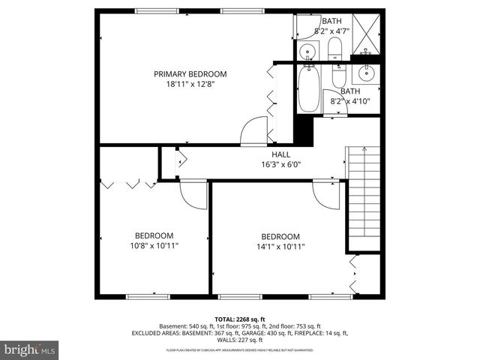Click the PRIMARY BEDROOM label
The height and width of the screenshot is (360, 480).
click(x=190, y=73)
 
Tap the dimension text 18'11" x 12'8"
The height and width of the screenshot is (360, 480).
click(x=190, y=85)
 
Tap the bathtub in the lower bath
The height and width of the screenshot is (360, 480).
click(x=308, y=89)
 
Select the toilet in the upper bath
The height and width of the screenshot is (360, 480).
click(x=335, y=51)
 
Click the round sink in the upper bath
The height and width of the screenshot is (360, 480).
click(x=307, y=52)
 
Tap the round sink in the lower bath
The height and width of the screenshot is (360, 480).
click(x=367, y=73)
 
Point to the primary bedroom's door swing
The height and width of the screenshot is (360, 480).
click(x=253, y=130)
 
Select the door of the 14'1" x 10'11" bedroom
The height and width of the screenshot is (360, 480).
click(x=327, y=196)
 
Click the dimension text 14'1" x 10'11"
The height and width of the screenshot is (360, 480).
click(x=280, y=246)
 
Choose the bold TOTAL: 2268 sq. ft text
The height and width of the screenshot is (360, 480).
click(x=239, y=319)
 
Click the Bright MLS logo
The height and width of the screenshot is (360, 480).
click(x=30, y=349)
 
